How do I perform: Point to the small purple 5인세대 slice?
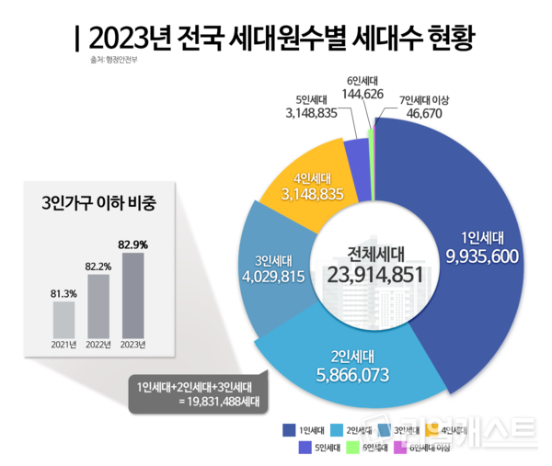tap(356, 155)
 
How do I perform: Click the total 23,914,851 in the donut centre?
tap(374, 274)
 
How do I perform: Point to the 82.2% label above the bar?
tap(98, 266)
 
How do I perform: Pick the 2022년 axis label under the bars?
tap(98, 346)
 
